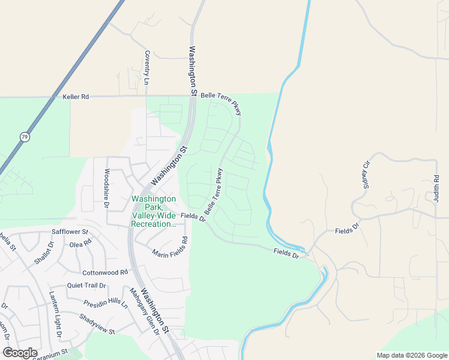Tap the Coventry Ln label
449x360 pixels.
[x=146, y=67]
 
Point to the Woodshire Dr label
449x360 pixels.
[x=106, y=188]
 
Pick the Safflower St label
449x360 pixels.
[x=70, y=231]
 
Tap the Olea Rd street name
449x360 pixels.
[x=80, y=244]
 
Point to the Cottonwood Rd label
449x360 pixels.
[x=106, y=272]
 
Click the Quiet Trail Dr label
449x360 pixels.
[x=86, y=286]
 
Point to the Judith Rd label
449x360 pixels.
[x=436, y=188]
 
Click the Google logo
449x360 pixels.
[x=20, y=353]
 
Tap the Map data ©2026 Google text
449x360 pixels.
[x=411, y=355]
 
